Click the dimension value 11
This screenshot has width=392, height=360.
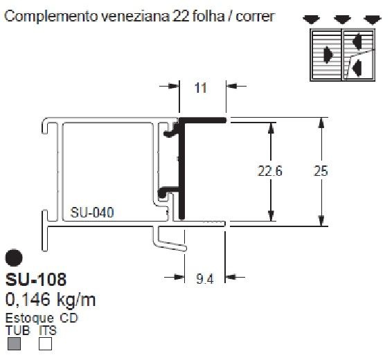point(201,88)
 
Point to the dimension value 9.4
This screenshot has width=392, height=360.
point(205,280)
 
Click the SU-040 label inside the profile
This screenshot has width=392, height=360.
point(93,214)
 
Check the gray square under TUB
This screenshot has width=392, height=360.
point(13,343)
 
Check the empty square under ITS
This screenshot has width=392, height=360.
point(46,343)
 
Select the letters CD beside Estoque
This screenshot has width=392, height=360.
point(69,318)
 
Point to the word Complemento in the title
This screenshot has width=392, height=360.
point(50,15)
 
